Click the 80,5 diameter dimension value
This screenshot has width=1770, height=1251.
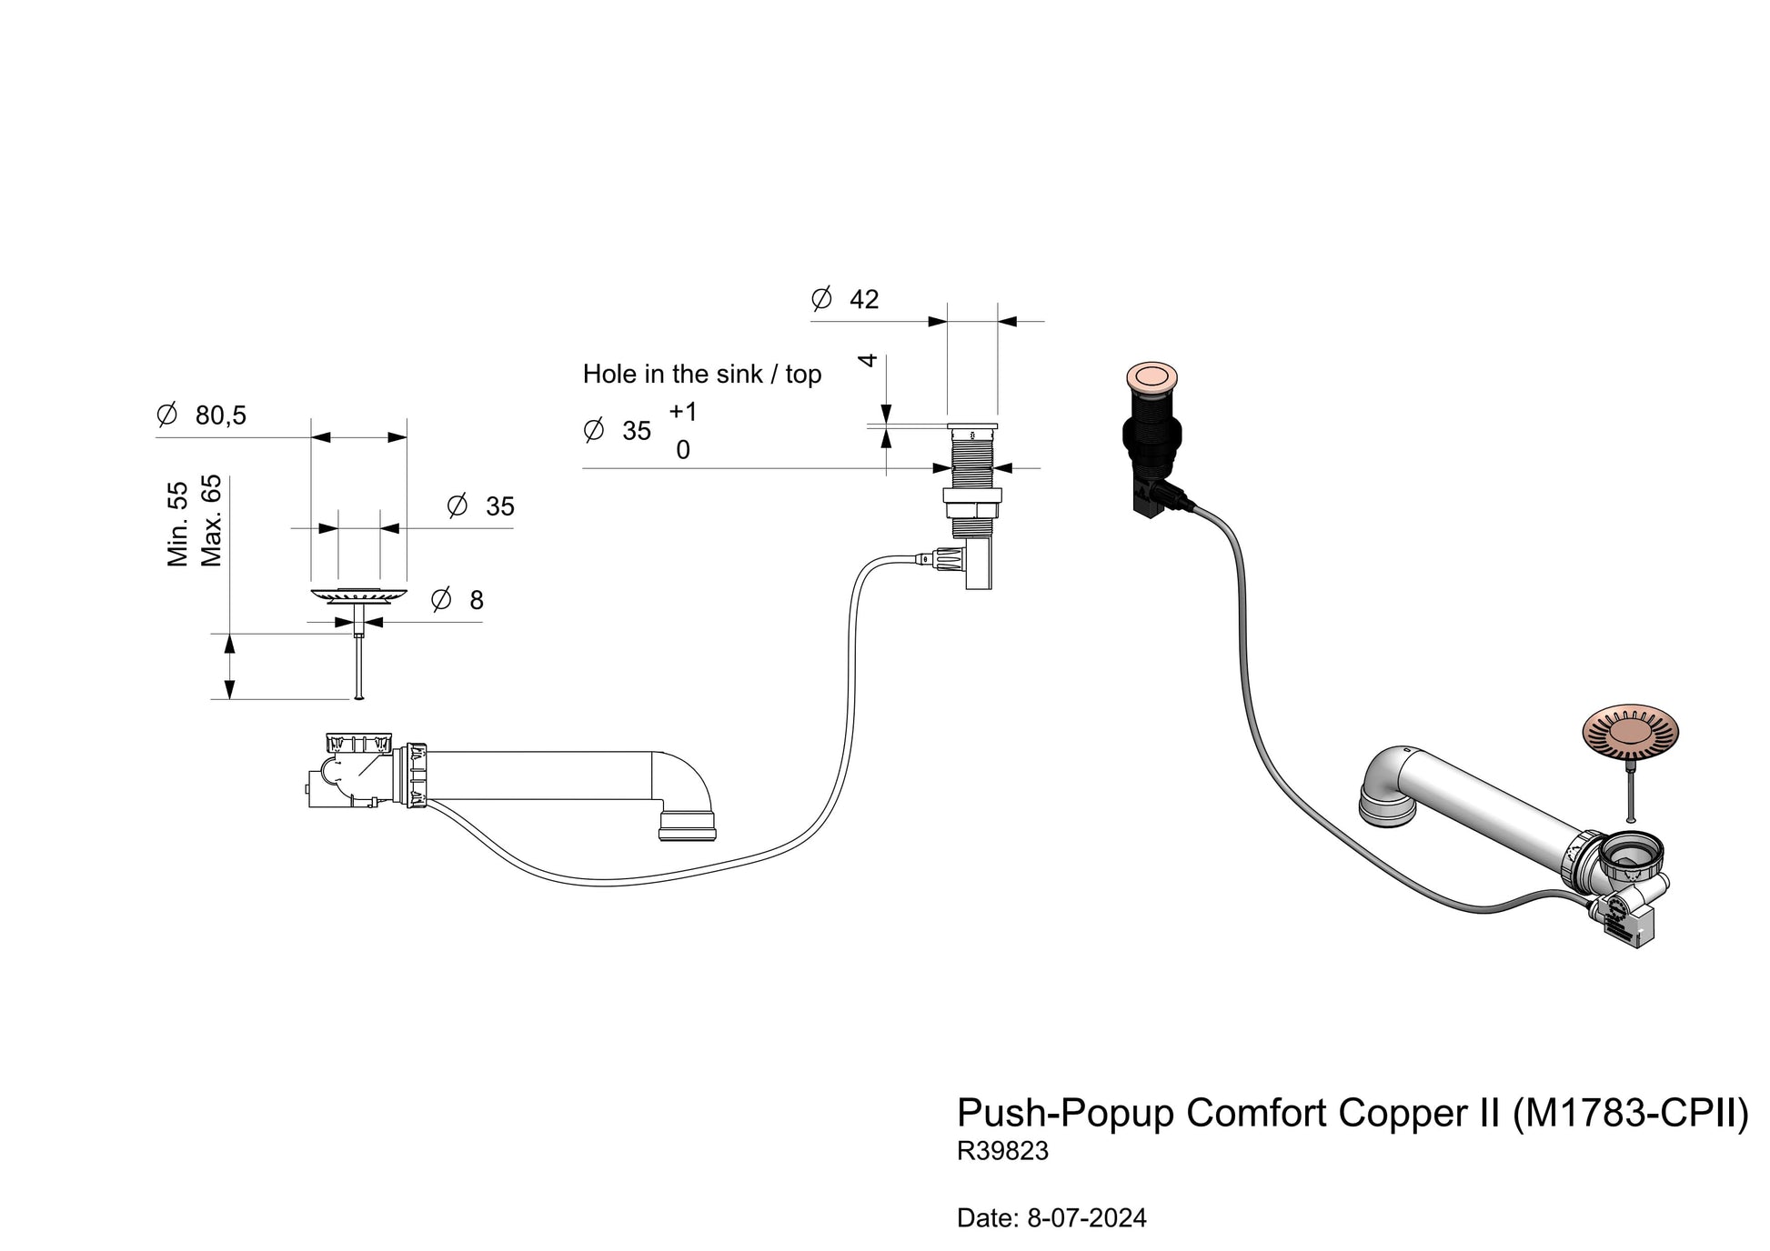pos(220,415)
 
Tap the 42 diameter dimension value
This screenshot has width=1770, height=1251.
pos(864,299)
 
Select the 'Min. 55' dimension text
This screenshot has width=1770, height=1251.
pos(177,525)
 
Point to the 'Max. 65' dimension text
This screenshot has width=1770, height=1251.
pos(211,520)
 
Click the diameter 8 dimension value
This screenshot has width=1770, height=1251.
pos(476,600)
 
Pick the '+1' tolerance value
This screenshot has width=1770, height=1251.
pos(683,412)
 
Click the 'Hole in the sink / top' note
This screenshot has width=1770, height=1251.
pos(702,374)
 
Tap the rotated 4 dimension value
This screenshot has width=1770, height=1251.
pos(868,360)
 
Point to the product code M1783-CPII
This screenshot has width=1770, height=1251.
pos(1630,1113)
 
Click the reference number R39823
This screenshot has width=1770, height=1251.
pos(1002,1151)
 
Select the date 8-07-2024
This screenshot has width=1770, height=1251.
pos(1087,1218)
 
